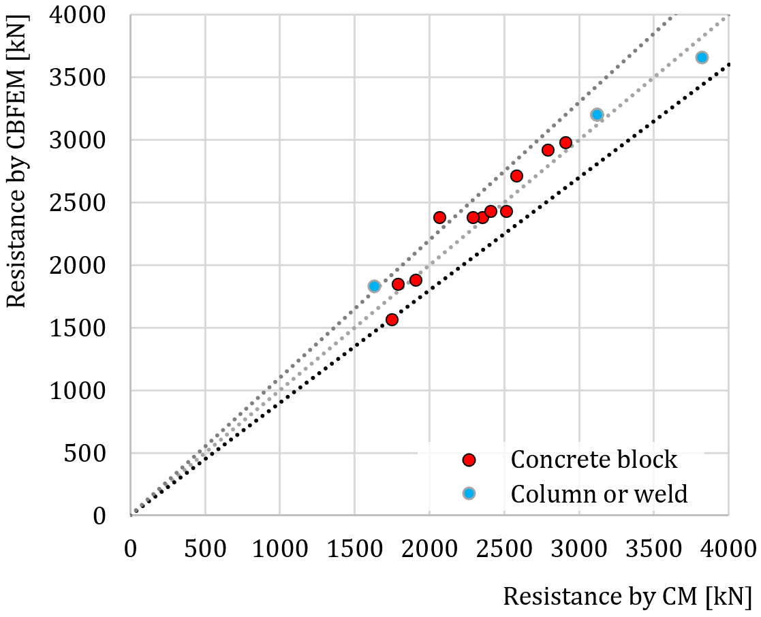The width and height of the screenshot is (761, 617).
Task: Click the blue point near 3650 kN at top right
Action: click(702, 57)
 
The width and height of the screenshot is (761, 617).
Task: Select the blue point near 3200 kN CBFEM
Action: click(597, 114)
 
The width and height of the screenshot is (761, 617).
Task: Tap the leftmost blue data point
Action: click(374, 286)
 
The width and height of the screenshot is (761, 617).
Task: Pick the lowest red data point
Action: click(392, 319)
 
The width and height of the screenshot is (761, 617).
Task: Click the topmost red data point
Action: click(565, 142)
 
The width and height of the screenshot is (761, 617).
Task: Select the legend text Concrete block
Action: click(594, 460)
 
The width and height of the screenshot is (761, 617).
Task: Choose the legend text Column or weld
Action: click(599, 493)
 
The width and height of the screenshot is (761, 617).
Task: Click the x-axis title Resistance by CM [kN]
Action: click(627, 596)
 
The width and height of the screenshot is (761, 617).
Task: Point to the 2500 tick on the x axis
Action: click(504, 549)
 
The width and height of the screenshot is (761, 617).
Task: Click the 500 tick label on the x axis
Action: click(205, 549)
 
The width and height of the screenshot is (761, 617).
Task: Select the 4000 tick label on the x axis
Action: click(728, 549)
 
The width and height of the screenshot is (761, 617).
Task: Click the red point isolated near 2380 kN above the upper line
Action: click(439, 217)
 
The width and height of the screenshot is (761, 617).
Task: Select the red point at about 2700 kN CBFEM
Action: click(516, 176)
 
